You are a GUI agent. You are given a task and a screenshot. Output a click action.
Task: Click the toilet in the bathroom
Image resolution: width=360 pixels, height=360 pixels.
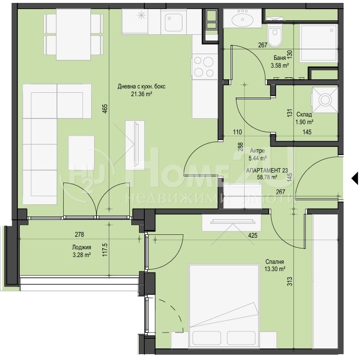click(275, 37)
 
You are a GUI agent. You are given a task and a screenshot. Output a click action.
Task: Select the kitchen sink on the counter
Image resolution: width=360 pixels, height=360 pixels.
click(173, 22)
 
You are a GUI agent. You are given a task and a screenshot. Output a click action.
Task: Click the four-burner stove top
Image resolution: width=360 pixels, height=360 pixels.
click(204, 67)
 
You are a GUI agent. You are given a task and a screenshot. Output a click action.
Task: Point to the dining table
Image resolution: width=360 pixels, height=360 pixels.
click(73, 35)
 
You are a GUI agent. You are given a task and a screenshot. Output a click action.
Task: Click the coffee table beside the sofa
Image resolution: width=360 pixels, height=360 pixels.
click(81, 150)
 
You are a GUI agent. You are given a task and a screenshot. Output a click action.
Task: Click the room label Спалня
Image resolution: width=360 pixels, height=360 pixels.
click(275, 261)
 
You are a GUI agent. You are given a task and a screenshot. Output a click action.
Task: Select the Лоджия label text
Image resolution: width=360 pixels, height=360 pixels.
click(82, 247)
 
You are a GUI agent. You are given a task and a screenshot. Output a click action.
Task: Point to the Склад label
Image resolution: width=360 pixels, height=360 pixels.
click(304, 114)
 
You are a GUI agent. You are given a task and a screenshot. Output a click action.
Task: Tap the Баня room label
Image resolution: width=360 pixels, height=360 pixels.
click(279, 58)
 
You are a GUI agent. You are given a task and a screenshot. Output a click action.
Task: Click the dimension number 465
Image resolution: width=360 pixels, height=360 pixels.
click(105, 109)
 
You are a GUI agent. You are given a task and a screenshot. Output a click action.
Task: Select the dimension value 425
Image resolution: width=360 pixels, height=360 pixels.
click(253, 235)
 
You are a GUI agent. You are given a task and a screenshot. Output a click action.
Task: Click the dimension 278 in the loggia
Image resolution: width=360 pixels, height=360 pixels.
click(80, 234)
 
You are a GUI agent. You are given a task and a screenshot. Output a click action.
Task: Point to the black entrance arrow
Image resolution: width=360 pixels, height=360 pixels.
click(355, 178)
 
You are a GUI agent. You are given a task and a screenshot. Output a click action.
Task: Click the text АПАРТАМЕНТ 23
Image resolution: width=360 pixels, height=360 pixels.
click(267, 171)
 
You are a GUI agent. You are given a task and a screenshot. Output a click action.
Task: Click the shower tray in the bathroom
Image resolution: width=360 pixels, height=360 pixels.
click(318, 43)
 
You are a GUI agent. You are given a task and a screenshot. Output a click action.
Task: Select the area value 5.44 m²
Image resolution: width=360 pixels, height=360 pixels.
click(257, 158)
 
